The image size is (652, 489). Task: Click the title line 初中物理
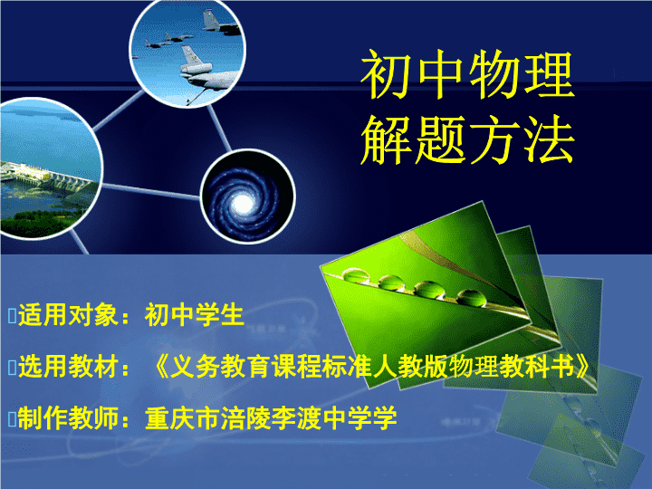pos(467,75)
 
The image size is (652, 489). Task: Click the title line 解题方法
pos(467,139)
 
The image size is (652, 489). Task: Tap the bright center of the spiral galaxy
pos(243,204)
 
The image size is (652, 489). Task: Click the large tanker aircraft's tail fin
pos(191,55)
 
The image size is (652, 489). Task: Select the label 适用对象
pos(68,315)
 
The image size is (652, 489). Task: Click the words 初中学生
pos(194,315)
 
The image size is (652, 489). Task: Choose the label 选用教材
pos(68,367)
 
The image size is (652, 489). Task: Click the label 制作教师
pos(68,417)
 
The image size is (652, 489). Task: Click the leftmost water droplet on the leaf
pos(356,275)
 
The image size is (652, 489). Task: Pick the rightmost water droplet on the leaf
pos(472,298)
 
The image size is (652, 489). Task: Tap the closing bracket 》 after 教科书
pos(582,367)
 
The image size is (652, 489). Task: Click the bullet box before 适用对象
pos(12,316)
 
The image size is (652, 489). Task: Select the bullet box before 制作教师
pos(12,418)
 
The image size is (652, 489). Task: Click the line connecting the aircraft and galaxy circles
pos(219,129)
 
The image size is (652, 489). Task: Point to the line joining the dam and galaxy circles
pos(150,191)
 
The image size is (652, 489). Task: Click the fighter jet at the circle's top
pos(219,23)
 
